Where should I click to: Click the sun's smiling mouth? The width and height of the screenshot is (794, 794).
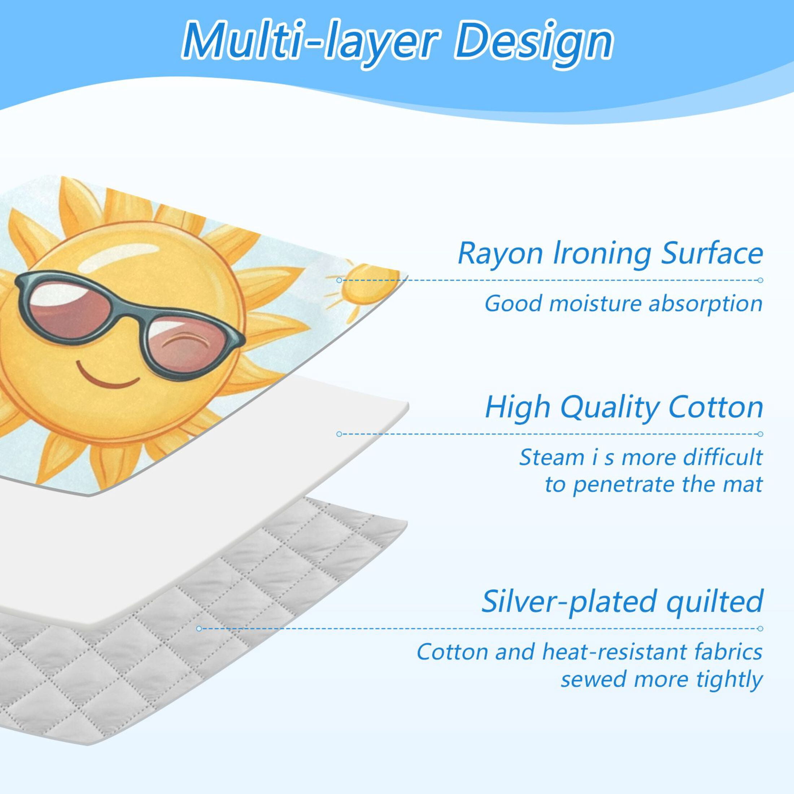coord(108,374)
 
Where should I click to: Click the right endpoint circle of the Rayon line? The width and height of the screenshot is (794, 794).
coord(760,280)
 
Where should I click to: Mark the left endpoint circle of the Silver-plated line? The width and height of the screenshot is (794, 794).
coord(199,629)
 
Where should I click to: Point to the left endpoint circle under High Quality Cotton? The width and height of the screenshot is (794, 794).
coord(339,434)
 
